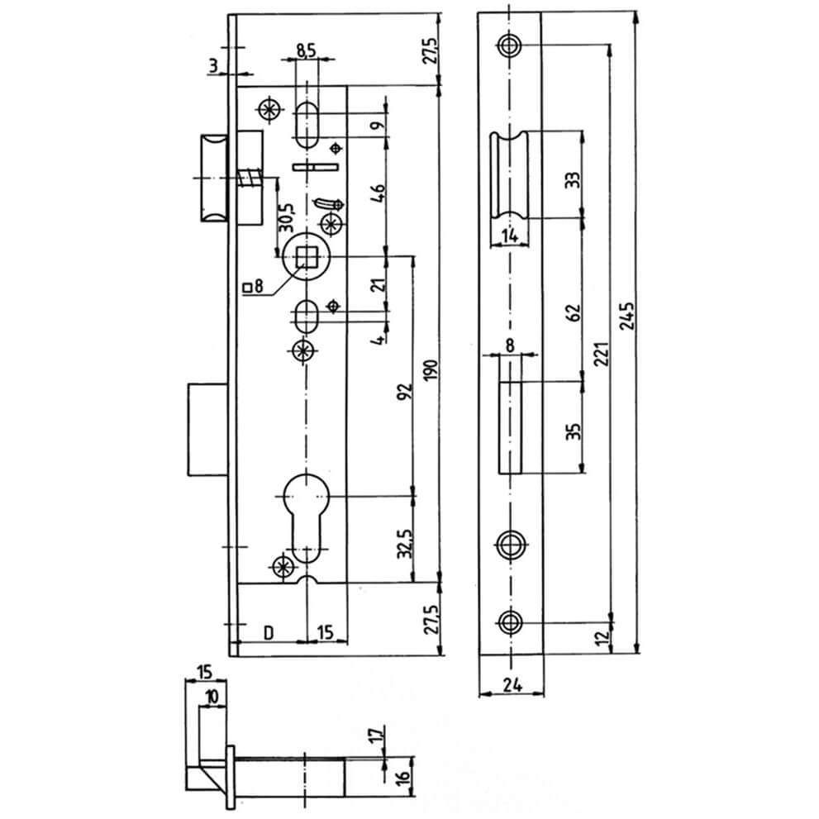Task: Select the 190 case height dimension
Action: point(431,369)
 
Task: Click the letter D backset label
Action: point(269,632)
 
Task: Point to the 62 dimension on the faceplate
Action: point(574,312)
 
